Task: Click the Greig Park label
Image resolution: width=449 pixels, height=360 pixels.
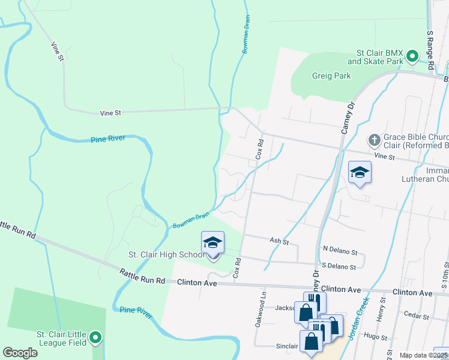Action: (x=331, y=76)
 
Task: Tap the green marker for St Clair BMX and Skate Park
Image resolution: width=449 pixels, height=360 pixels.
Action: (x=412, y=57)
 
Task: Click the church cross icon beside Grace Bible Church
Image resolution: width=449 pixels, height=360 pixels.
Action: (x=374, y=140)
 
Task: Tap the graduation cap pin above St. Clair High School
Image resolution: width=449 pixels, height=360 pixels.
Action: (x=213, y=243)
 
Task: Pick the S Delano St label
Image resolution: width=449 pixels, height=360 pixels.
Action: (x=339, y=266)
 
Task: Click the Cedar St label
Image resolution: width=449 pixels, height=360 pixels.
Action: (x=415, y=314)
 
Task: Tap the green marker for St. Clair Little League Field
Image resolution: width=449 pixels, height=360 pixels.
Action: (x=96, y=340)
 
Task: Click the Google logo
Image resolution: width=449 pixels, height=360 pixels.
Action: (x=20, y=353)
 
